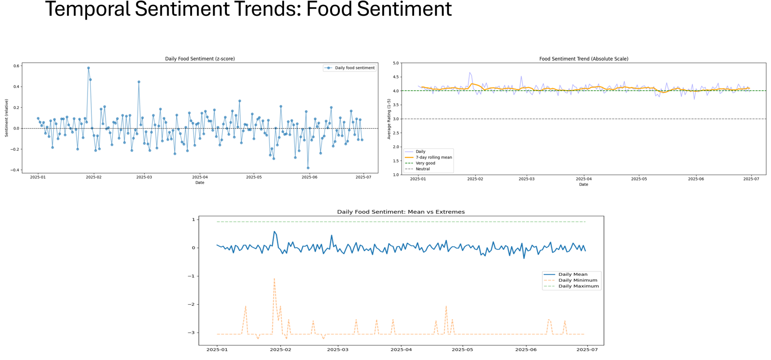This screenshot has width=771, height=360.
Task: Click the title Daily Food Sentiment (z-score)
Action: (199, 59)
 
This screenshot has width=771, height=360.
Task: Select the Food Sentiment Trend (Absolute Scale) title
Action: (583, 59)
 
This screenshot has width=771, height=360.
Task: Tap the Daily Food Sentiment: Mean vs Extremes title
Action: (400, 212)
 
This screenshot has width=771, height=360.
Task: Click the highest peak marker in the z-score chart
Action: (88, 68)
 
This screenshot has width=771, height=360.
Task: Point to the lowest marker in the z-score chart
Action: (308, 168)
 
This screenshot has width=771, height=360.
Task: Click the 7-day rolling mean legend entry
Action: (433, 157)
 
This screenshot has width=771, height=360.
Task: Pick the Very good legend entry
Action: (425, 163)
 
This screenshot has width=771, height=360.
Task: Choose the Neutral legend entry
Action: (422, 169)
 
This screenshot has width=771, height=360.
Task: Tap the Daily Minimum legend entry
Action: (577, 280)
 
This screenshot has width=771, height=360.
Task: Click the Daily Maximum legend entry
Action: (578, 286)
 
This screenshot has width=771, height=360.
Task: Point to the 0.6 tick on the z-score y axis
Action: (17, 66)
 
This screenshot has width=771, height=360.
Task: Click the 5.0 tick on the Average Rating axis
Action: (396, 63)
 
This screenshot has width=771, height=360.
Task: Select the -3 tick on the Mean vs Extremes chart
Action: (193, 333)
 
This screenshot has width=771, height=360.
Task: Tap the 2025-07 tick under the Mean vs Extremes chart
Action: (587, 350)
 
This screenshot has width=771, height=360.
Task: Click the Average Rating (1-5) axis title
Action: (389, 119)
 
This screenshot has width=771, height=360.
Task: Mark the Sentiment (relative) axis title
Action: (7, 118)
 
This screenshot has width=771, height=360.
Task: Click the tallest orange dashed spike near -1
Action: (274, 279)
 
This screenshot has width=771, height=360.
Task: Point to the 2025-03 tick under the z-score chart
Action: (144, 177)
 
